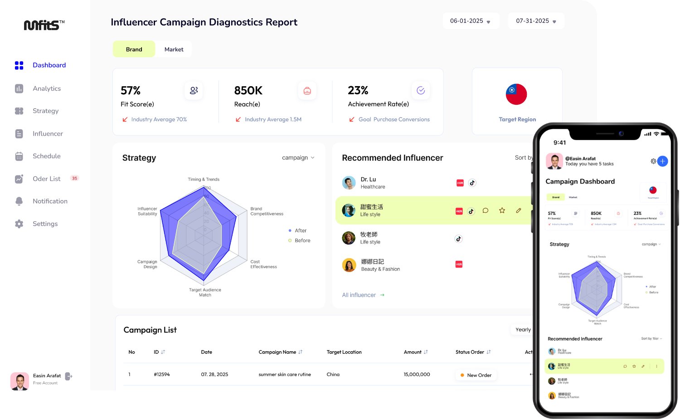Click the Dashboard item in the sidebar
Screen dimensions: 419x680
click(49, 65)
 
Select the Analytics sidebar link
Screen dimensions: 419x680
click(46, 88)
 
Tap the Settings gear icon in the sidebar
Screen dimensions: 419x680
click(19, 224)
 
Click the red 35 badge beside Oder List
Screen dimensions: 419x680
click(75, 178)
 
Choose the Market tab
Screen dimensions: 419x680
click(174, 49)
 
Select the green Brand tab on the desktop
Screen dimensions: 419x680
click(134, 49)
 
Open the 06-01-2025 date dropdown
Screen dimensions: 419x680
click(471, 21)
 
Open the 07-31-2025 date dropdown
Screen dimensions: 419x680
click(536, 21)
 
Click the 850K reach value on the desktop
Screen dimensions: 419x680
click(248, 91)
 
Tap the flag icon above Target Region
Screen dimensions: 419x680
click(516, 94)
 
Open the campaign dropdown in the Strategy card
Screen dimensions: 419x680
click(298, 158)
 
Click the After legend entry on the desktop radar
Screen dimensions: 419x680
click(300, 231)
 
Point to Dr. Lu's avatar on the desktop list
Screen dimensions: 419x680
click(349, 183)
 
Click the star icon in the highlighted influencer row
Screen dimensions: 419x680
click(502, 210)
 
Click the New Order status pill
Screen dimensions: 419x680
click(476, 375)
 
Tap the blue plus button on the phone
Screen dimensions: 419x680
click(662, 161)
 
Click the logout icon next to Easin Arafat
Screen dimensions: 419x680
click(68, 376)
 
